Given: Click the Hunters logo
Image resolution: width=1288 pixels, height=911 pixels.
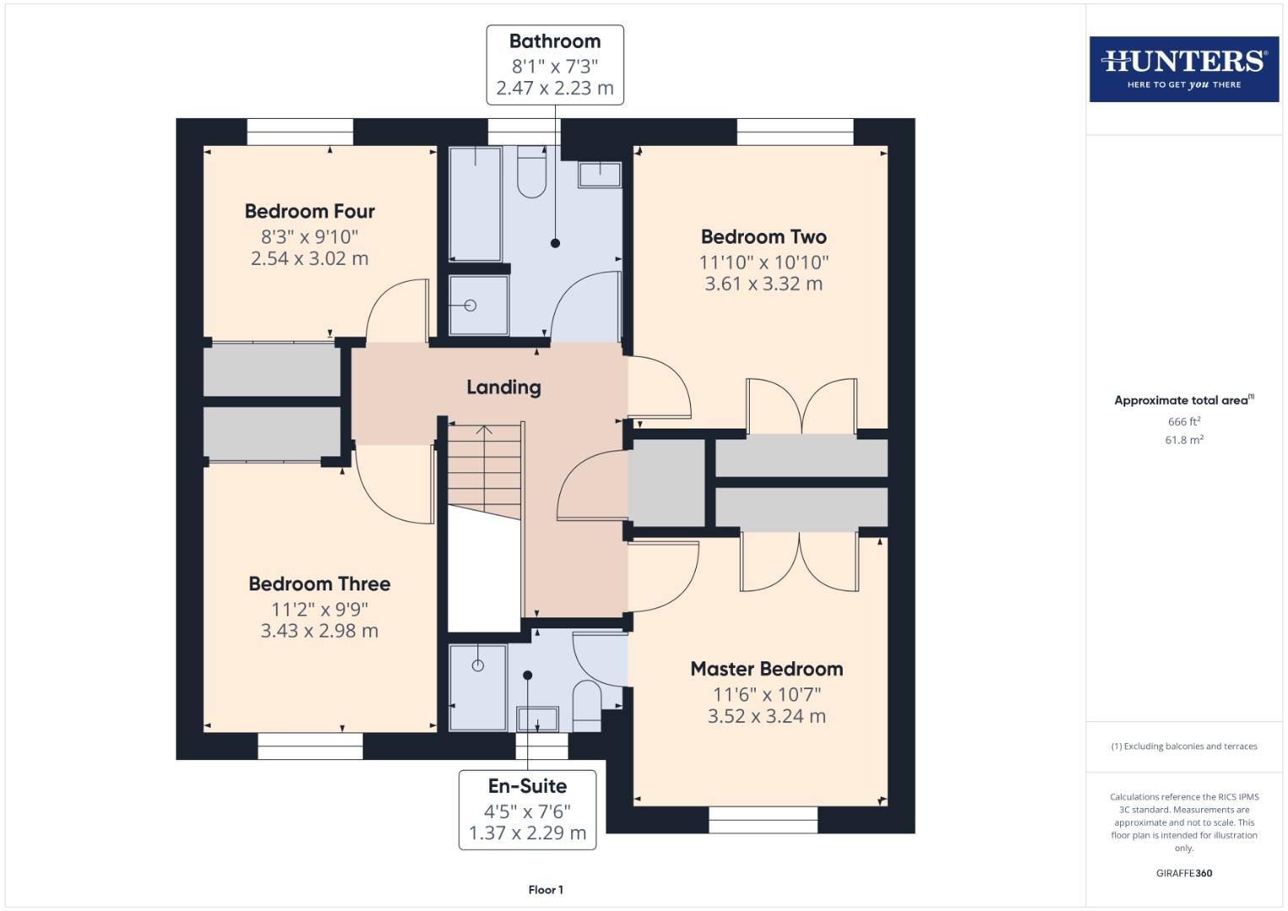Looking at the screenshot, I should pyautogui.click(x=1183, y=68).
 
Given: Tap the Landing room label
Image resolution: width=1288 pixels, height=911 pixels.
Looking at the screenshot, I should pyautogui.click(x=504, y=387).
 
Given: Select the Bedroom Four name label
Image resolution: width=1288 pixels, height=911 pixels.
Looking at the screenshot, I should pyautogui.click(x=310, y=211).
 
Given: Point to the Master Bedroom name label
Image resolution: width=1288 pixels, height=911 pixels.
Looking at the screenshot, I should pyautogui.click(x=766, y=669).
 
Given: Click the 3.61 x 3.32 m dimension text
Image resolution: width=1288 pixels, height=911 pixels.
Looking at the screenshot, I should pyautogui.click(x=763, y=284).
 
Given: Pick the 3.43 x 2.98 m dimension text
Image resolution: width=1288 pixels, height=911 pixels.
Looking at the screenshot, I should pyautogui.click(x=319, y=631).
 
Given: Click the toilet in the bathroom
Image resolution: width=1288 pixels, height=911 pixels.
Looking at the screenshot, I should pyautogui.click(x=531, y=173).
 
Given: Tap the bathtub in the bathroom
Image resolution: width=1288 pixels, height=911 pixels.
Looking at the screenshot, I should pyautogui.click(x=475, y=204).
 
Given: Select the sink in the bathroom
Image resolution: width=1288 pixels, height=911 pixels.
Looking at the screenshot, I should pyautogui.click(x=600, y=175).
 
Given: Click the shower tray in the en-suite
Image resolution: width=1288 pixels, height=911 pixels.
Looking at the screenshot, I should pyautogui.click(x=477, y=687).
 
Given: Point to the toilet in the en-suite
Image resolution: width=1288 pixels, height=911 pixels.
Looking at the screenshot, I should pyautogui.click(x=586, y=705).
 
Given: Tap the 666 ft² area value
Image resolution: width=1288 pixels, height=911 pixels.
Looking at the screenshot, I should pyautogui.click(x=1183, y=422).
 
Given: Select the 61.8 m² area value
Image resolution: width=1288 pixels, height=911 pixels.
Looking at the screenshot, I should pyautogui.click(x=1183, y=440).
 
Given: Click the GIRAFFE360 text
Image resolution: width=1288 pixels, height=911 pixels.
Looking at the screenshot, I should pyautogui.click(x=1183, y=873).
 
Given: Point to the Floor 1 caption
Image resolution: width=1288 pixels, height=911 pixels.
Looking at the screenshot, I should pyautogui.click(x=546, y=890).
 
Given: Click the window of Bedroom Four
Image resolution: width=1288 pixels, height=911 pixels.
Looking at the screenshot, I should pyautogui.click(x=299, y=132).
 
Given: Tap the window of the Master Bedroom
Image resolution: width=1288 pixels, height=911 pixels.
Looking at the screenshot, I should pyautogui.click(x=763, y=820).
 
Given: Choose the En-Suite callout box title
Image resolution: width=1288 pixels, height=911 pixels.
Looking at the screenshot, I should pyautogui.click(x=527, y=786).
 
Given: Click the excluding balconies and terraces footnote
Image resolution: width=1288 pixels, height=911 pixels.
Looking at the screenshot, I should pyautogui.click(x=1183, y=747).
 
